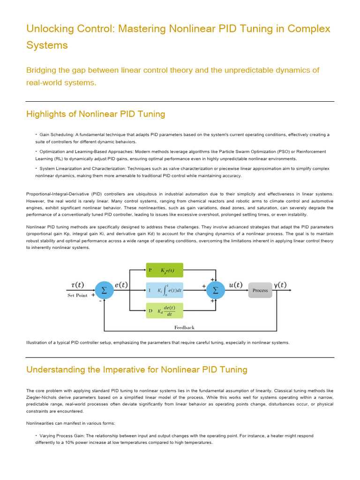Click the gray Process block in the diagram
[260, 290]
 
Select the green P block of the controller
[165, 270]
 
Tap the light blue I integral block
[165, 290]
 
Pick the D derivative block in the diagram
[165, 310]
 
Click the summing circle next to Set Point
[104, 290]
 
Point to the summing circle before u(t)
[216, 290]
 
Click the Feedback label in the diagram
[184, 328]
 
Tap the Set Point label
[77, 295]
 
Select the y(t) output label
[279, 285]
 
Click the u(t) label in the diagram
[235, 285]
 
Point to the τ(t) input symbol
[75, 285]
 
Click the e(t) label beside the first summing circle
[121, 285]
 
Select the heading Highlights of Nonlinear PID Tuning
[96, 114]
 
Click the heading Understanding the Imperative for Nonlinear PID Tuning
[136, 369]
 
